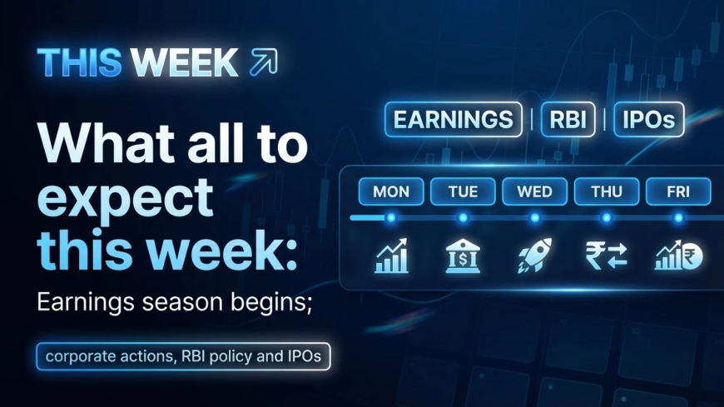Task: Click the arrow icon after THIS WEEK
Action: click(263, 62)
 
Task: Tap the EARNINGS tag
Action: click(453, 119)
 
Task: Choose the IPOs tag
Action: click(648, 119)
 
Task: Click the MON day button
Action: click(391, 191)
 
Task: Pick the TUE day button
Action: click(463, 191)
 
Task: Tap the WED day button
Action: click(534, 191)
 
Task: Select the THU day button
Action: click(606, 191)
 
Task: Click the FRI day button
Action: click(678, 191)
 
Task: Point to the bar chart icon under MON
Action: click(391, 256)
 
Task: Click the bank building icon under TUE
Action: click(463, 256)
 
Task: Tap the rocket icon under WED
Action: click(534, 256)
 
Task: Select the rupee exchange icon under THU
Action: click(606, 256)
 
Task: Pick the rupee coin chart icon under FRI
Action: click(678, 256)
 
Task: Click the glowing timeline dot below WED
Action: click(534, 218)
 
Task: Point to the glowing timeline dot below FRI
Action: click(678, 218)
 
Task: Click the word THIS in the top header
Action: click(80, 62)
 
